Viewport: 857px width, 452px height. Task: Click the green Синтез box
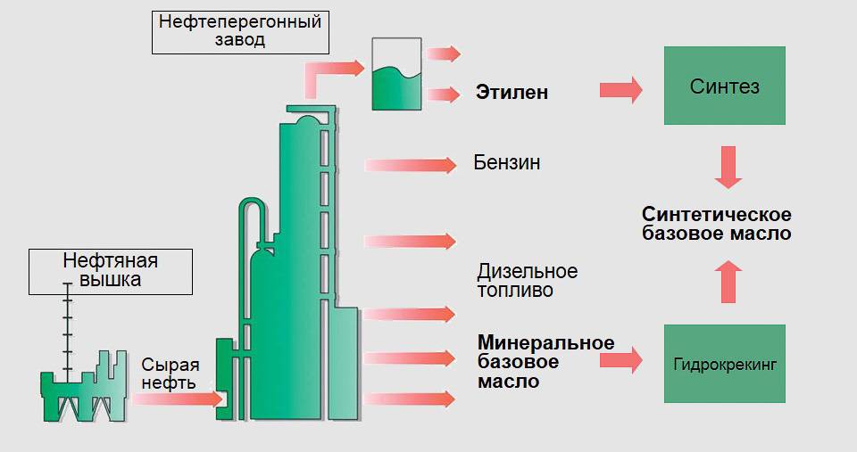coord(725,86)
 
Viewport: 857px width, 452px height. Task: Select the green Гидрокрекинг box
coord(725,364)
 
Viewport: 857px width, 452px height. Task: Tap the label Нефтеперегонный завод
coord(239,32)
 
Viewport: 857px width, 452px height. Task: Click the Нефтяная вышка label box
coord(110,270)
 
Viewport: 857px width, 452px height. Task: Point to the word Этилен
coord(512,93)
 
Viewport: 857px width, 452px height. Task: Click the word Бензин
coord(507,164)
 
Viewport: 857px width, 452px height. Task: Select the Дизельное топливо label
coord(528,280)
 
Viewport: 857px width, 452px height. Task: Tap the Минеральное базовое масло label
coord(545,362)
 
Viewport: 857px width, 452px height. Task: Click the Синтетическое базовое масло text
coord(717,224)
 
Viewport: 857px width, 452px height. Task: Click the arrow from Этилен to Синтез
coord(621,90)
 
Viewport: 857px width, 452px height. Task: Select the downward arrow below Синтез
coord(729,168)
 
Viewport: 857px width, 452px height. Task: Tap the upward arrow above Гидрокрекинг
coord(729,282)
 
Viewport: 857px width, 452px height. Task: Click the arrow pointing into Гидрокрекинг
coord(621,359)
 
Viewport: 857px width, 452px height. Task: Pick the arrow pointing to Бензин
coord(411,164)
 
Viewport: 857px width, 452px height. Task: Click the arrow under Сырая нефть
coord(176,399)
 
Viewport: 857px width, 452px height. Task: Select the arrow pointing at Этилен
coord(444,93)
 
